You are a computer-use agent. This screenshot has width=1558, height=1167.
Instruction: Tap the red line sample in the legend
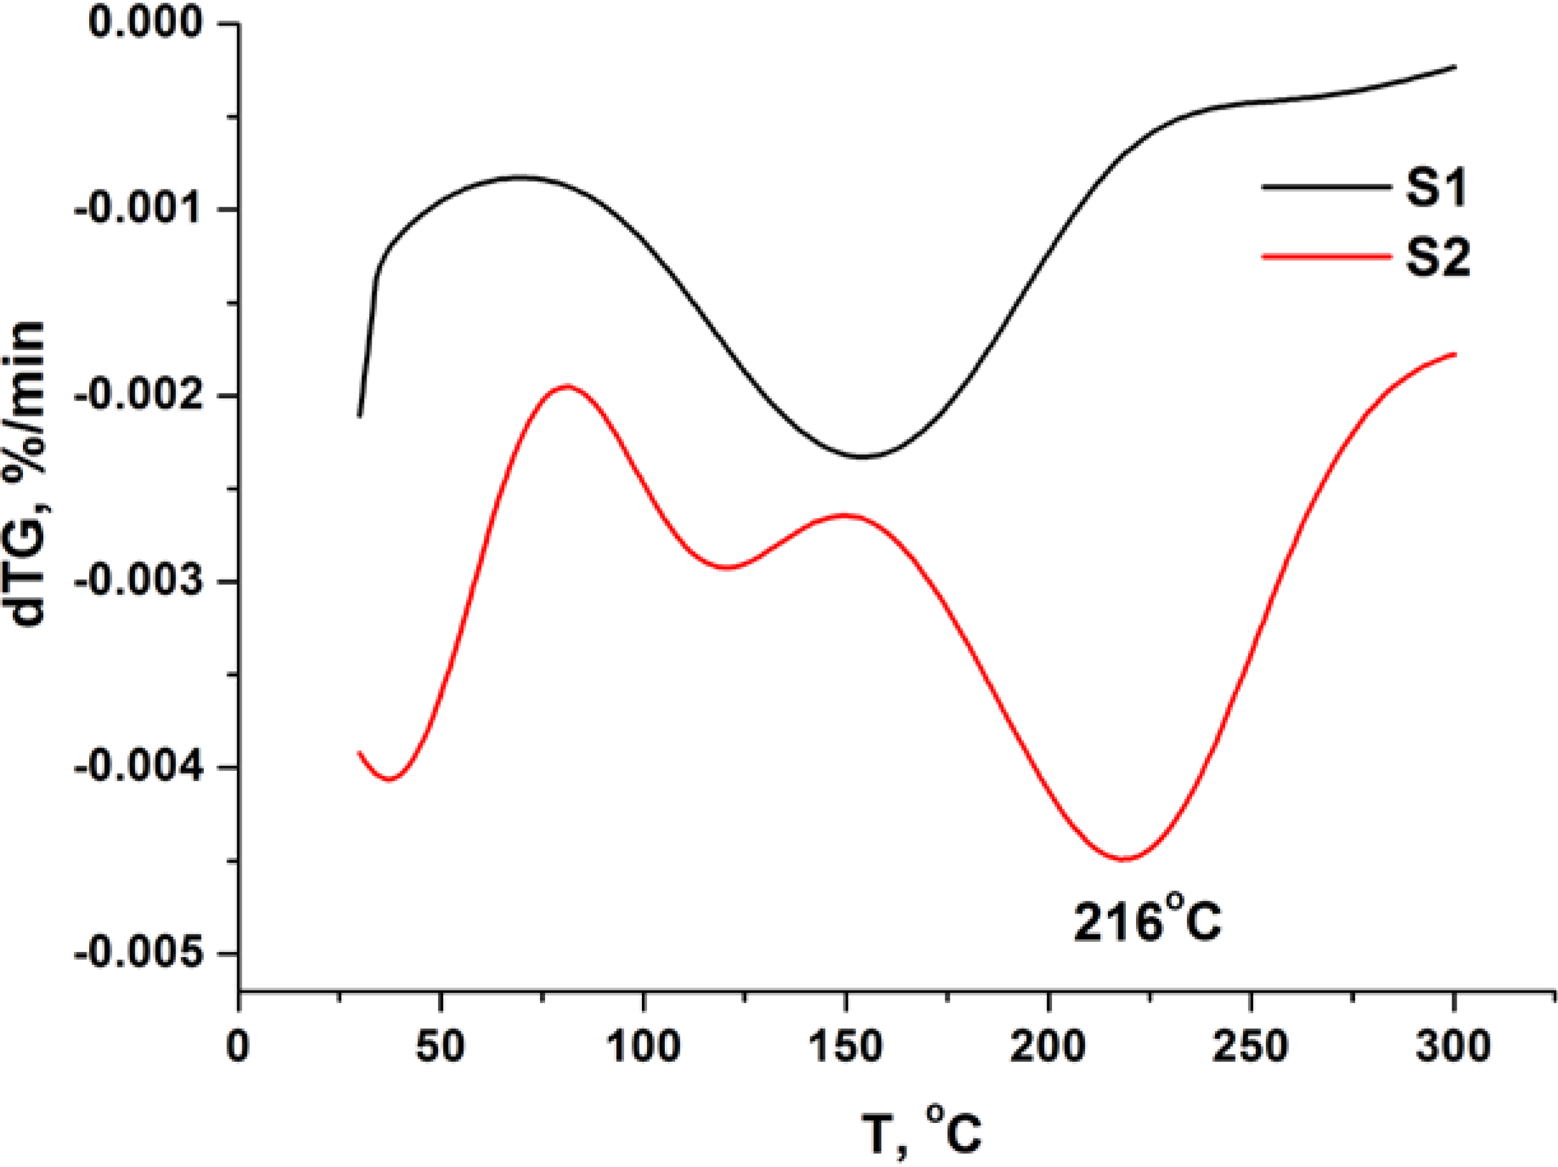(x=1325, y=257)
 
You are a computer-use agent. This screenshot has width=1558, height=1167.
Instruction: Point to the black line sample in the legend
(x=1325, y=187)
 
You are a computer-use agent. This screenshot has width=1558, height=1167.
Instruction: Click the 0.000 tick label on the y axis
(x=145, y=22)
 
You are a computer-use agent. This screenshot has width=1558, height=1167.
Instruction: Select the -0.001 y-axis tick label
(x=137, y=209)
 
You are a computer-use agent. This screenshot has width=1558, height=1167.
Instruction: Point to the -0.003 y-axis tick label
(x=137, y=582)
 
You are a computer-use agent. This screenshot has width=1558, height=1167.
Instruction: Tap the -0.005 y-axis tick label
(x=137, y=953)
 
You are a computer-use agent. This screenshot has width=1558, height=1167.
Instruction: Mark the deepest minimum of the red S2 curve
(x=1125, y=859)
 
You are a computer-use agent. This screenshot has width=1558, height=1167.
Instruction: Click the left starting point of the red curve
(x=359, y=752)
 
